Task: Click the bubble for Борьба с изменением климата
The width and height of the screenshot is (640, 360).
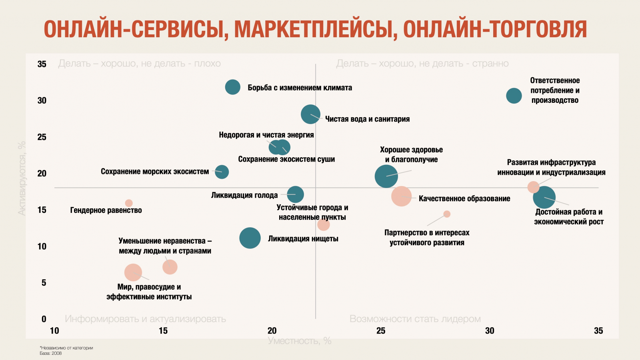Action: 232,87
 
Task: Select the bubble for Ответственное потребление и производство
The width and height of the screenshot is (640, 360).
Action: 514,96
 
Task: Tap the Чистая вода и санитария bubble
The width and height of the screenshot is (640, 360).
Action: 310,114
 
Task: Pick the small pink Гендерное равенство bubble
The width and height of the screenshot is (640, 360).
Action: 129,203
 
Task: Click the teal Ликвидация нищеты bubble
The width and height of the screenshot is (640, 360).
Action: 250,238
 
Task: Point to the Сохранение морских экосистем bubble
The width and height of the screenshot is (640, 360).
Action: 222,172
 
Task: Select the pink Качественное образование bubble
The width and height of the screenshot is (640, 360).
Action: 401,196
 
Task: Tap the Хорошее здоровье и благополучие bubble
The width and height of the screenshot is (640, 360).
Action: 386,176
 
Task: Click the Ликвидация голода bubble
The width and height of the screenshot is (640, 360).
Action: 296,194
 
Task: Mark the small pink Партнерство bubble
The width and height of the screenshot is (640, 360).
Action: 447,214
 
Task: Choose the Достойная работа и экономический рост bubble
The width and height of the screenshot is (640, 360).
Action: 544,197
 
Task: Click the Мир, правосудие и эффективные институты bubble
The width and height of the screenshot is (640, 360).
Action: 133,272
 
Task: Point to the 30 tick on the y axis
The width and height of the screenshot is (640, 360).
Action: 42,100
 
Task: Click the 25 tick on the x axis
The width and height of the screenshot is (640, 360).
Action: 381,331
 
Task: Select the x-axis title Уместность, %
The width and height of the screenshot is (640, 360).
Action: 299,341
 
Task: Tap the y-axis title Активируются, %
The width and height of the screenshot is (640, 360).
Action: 22,178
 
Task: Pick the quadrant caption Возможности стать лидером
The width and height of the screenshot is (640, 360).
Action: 415,319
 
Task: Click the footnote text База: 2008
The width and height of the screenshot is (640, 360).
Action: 51,353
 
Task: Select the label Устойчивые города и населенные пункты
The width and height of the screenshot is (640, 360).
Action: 312,212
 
